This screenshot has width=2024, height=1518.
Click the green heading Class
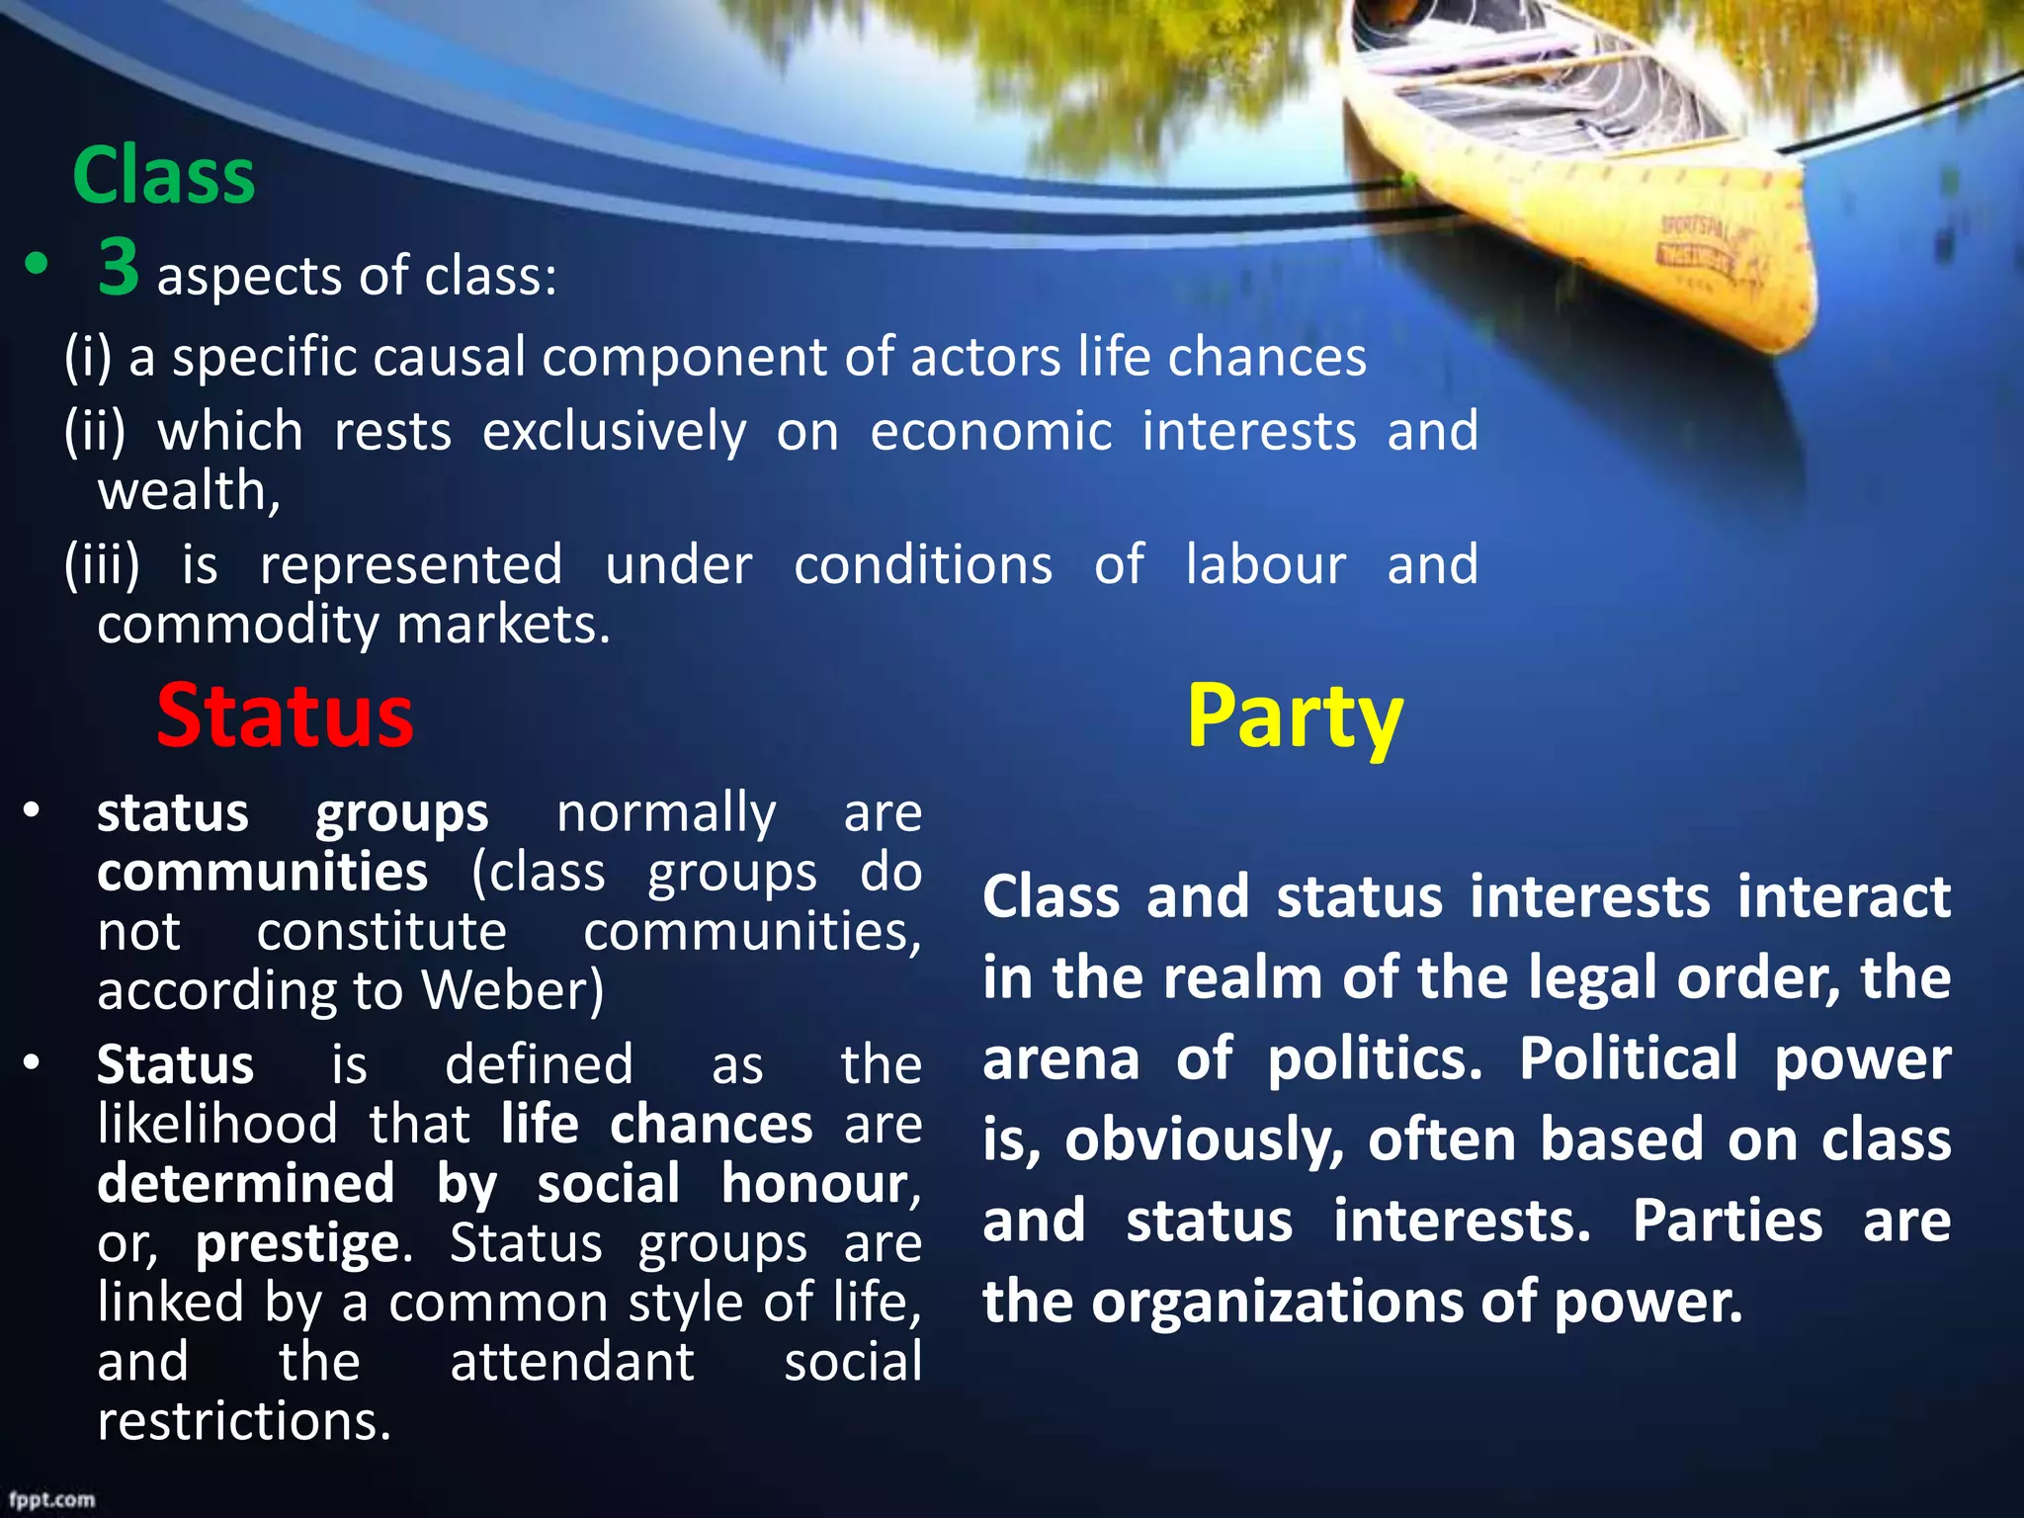click(164, 176)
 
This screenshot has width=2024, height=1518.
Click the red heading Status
click(285, 716)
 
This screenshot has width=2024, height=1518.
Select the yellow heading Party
click(1294, 717)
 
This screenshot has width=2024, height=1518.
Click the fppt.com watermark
click(52, 1500)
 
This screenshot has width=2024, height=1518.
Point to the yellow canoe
click(1581, 168)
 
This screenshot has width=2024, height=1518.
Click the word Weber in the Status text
click(511, 990)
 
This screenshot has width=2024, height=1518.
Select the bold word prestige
click(296, 1244)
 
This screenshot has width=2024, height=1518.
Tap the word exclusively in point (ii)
click(614, 432)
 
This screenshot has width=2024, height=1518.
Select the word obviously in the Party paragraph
click(1204, 1140)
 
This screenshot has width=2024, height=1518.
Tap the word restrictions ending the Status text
click(244, 1421)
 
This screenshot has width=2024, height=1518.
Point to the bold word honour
click(819, 1184)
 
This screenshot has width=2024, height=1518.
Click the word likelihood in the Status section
click(217, 1125)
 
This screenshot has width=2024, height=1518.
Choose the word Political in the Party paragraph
click(1628, 1059)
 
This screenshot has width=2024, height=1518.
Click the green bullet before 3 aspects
click(37, 265)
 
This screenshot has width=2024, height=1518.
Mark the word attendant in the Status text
click(572, 1362)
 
